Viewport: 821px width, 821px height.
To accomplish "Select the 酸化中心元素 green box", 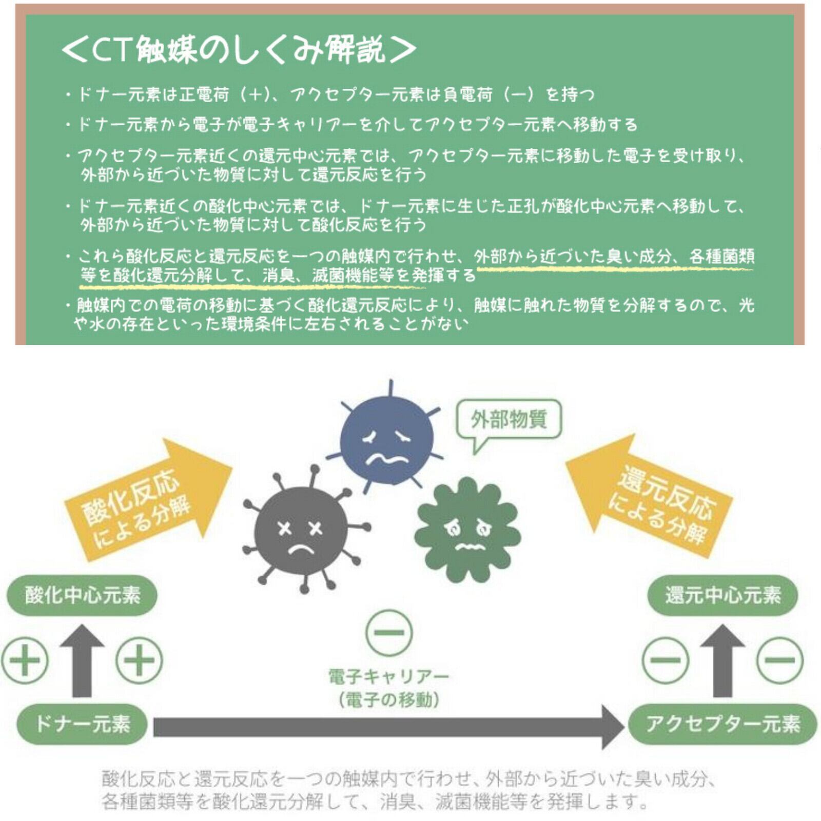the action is tap(82, 595).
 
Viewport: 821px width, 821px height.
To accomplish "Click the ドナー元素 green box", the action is tap(82, 724).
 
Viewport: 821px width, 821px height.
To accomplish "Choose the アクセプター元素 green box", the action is tap(722, 724).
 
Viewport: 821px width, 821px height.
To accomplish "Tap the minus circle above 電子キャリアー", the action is tap(389, 632).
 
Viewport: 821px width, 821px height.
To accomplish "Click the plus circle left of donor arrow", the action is tap(25, 660).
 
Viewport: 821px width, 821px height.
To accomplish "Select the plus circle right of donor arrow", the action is tap(139, 660).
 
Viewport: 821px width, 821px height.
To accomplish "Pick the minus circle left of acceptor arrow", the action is tap(666, 660).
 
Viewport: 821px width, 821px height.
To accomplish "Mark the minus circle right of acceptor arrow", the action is tap(780, 660).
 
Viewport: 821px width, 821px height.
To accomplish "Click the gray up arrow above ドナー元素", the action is tap(82, 661).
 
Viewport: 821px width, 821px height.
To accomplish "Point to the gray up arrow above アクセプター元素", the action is tap(722, 661).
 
